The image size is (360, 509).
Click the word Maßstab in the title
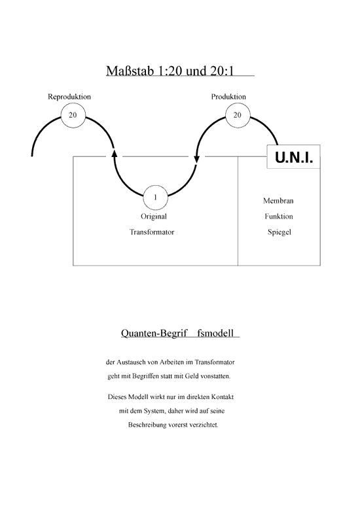130,71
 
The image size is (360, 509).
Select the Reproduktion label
69,97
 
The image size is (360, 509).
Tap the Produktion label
228,97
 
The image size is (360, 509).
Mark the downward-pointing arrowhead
196,159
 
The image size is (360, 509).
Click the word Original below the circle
154,217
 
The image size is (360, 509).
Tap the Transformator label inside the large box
152,232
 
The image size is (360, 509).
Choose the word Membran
278,201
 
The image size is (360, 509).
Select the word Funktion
279,217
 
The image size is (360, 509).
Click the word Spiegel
279,232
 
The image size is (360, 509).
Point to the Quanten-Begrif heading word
154,334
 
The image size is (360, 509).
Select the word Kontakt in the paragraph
223,397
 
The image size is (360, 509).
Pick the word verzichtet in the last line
204,425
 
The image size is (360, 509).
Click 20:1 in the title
222,71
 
